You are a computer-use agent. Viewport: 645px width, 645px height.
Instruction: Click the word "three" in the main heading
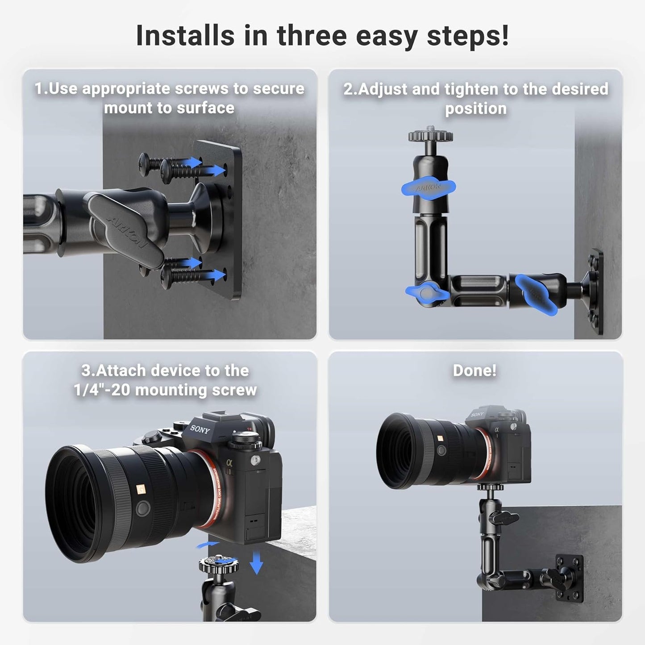tap(312, 36)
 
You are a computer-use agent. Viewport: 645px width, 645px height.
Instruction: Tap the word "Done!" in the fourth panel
tap(474, 370)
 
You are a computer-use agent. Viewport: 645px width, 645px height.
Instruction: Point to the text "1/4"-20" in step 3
tap(102, 390)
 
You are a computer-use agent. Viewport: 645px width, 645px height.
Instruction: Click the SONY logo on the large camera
tap(200, 429)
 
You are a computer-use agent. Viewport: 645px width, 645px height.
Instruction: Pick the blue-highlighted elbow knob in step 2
tap(427, 293)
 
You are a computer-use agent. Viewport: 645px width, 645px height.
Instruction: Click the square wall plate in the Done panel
tap(569, 578)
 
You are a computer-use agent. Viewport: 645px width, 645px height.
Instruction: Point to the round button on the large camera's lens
tap(143, 508)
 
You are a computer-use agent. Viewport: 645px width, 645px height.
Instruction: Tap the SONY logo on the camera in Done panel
tap(477, 414)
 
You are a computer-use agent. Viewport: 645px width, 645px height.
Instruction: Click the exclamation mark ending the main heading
tap(504, 36)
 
